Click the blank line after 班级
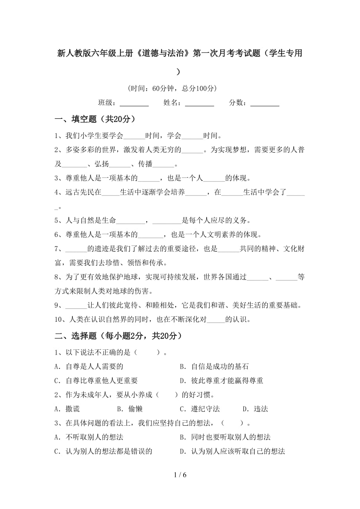pos(134,103)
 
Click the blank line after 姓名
pos(199,103)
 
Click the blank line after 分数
pos(265,103)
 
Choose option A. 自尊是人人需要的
pos(89,366)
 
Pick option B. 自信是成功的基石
pos(214,366)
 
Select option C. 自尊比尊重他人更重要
pos(96,380)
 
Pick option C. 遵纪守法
pos(200,409)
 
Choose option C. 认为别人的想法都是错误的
pos(103,451)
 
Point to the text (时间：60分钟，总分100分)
pos(172,88)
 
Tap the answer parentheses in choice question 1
pos(147,352)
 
